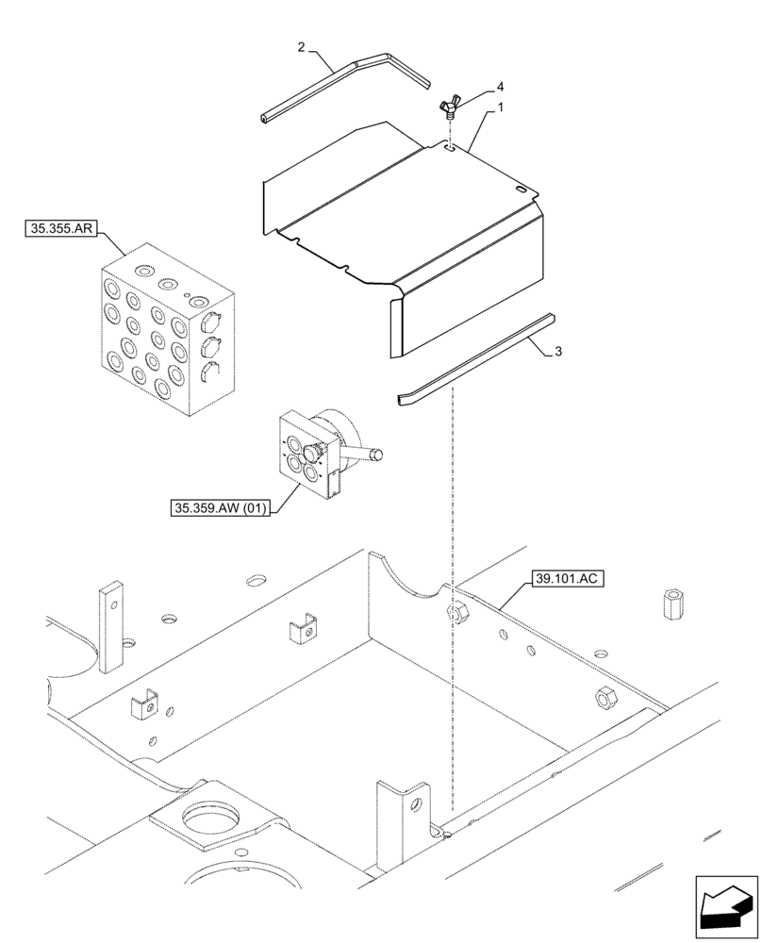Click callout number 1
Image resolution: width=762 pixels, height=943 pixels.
click(x=501, y=108)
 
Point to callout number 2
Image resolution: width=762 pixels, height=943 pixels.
click(x=300, y=46)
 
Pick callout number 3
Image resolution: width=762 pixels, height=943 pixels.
click(x=558, y=351)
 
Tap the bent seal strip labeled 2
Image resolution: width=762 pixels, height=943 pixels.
click(x=340, y=87)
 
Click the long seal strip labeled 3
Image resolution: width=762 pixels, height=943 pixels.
click(x=472, y=360)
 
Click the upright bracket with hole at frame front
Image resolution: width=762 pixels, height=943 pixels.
click(x=400, y=820)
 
